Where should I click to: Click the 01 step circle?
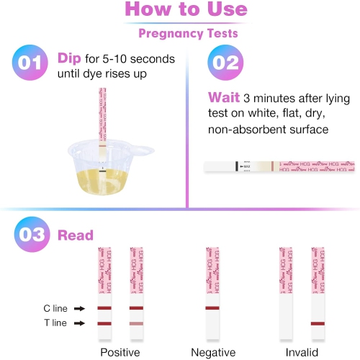click(30, 62)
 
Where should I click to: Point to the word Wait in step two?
click(223, 97)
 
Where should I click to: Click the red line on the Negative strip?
click(214, 308)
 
